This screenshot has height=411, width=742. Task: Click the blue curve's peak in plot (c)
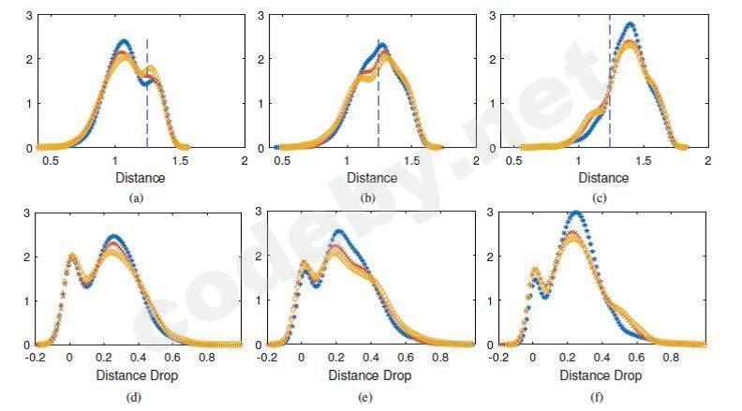(630, 23)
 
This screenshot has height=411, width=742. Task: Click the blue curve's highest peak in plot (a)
(123, 41)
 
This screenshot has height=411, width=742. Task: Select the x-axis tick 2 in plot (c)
(707, 160)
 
